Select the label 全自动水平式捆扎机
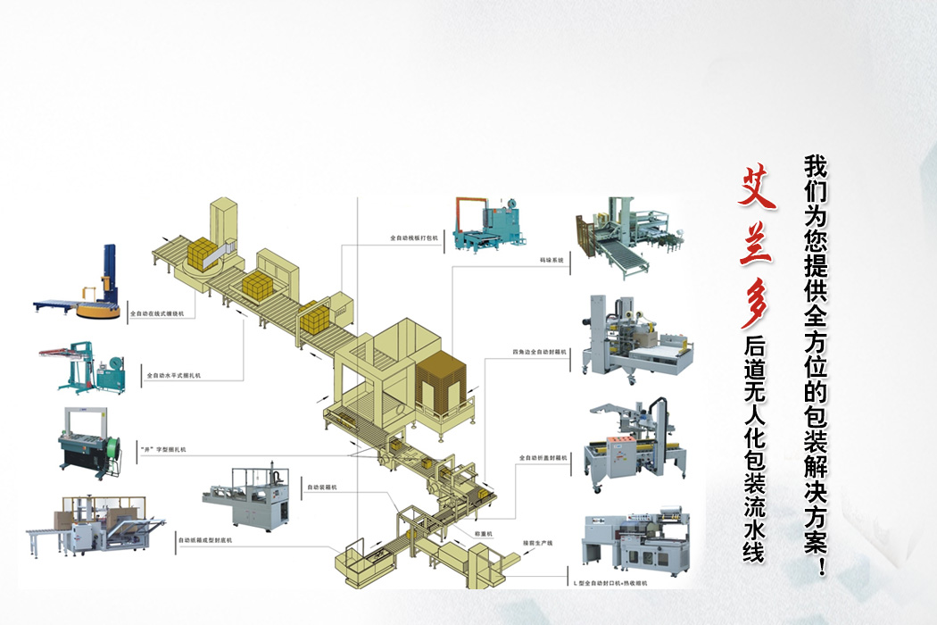point(173,376)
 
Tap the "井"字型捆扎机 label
point(164,448)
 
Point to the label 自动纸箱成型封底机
point(204,540)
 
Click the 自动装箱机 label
point(320,487)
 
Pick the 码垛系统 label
point(551,261)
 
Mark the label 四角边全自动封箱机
point(540,352)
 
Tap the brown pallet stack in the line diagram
point(443,379)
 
